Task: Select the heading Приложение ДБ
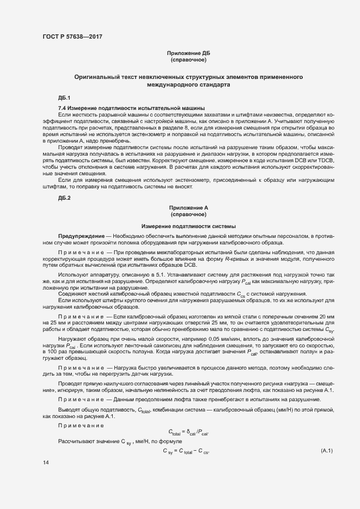pos(188,53)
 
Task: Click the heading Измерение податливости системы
pos(188,226)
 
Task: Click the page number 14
pos(46,463)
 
